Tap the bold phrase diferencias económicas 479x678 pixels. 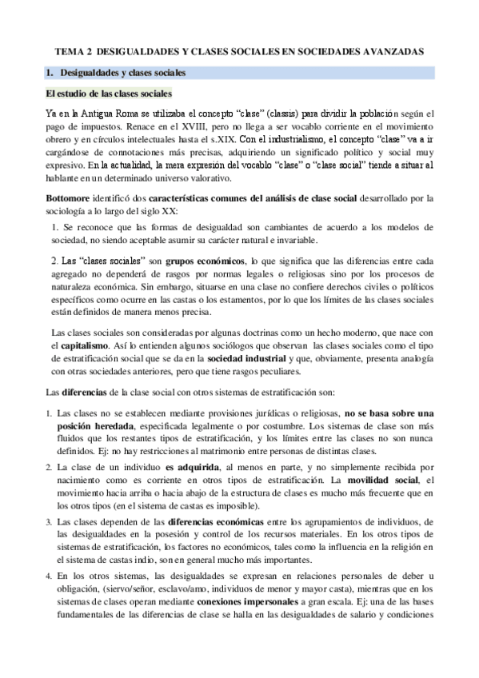coord(218,521)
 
